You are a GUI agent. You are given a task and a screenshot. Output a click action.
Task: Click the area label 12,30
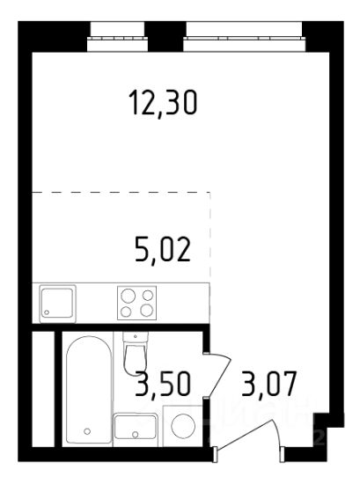click(163, 102)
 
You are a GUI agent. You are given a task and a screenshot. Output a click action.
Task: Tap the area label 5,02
click(163, 250)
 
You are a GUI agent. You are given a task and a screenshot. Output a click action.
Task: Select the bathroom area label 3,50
click(163, 384)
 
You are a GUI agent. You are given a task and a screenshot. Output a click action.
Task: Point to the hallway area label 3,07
click(269, 384)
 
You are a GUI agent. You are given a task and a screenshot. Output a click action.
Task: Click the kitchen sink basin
click(57, 304)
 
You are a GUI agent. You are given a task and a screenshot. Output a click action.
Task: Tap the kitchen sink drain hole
click(47, 312)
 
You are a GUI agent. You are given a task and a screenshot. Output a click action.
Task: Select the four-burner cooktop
click(136, 303)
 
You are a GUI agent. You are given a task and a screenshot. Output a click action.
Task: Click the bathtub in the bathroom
click(89, 390)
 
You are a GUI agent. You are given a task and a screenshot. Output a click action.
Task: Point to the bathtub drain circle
click(87, 431)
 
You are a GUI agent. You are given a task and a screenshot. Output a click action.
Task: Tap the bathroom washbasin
click(136, 427)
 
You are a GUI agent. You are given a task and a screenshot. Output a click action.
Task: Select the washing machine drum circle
click(183, 426)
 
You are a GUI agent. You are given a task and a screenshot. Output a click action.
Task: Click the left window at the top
click(118, 36)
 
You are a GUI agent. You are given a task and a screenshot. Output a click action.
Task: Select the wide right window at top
click(245, 36)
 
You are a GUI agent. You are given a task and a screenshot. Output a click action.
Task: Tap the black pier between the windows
click(165, 36)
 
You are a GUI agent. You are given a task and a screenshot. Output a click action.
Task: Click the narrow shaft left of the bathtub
click(43, 389)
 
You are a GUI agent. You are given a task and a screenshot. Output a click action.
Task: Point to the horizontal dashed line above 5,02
click(121, 193)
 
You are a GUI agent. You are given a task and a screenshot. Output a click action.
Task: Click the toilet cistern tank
click(136, 338)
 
